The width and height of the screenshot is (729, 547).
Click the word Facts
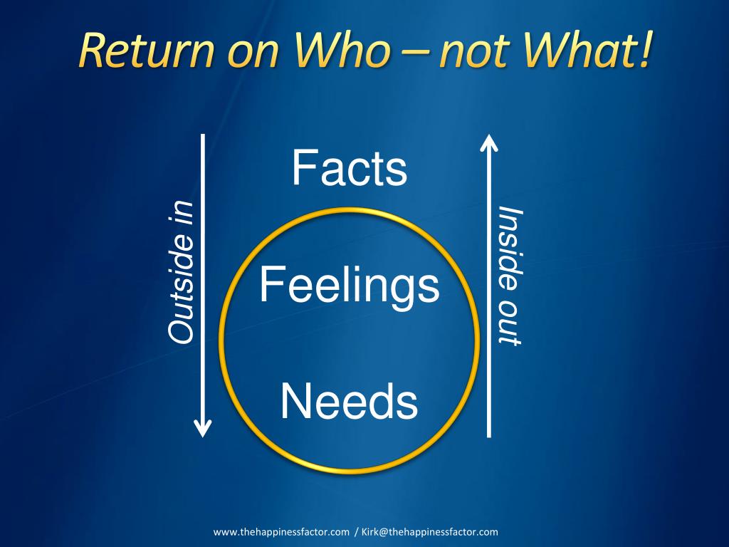click(349, 170)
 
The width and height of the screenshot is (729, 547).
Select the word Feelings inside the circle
click(349, 285)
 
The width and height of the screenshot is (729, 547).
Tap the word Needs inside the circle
click(349, 401)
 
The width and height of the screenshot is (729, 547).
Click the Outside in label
click(180, 271)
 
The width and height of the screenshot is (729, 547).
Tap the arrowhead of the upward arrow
click(488, 142)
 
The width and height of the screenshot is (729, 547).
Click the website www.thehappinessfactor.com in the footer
click(282, 532)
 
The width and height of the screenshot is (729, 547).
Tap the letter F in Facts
click(303, 170)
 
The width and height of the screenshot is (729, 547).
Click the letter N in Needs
click(294, 401)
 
